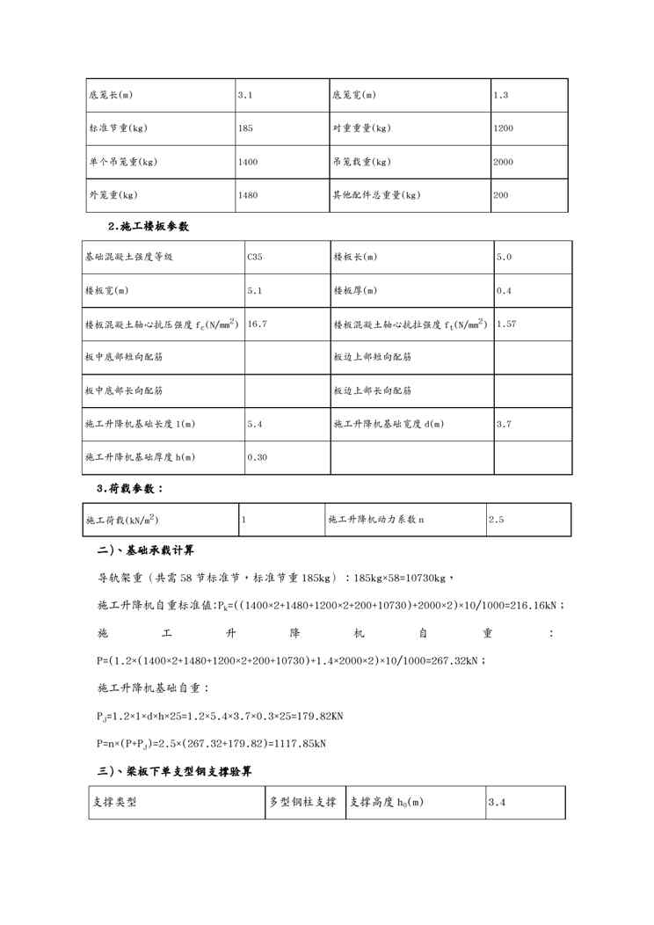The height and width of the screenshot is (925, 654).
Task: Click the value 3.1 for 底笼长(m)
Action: [x=245, y=95]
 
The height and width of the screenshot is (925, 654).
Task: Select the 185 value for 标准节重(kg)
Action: [x=245, y=128]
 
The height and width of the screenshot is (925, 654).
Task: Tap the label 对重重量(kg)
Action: [x=361, y=128]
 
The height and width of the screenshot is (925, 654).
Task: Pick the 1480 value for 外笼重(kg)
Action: [x=248, y=195]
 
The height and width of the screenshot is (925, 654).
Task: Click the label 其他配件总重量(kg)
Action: [x=375, y=195]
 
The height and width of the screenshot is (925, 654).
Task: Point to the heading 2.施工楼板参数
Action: [x=148, y=226]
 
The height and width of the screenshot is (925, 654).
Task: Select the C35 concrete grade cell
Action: [x=254, y=257]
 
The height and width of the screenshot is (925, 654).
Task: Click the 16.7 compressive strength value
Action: [x=257, y=324]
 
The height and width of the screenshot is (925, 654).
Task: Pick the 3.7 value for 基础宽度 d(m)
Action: [x=504, y=424]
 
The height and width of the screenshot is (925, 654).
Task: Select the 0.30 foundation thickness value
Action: [x=257, y=457]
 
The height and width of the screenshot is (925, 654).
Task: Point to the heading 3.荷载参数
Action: [x=130, y=488]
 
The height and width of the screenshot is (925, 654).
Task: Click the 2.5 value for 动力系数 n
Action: [x=496, y=520]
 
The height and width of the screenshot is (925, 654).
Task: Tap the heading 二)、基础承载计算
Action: [x=145, y=550]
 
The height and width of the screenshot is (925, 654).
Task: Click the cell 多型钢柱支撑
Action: [x=302, y=803]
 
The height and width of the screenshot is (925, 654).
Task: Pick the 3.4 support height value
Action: [x=497, y=803]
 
